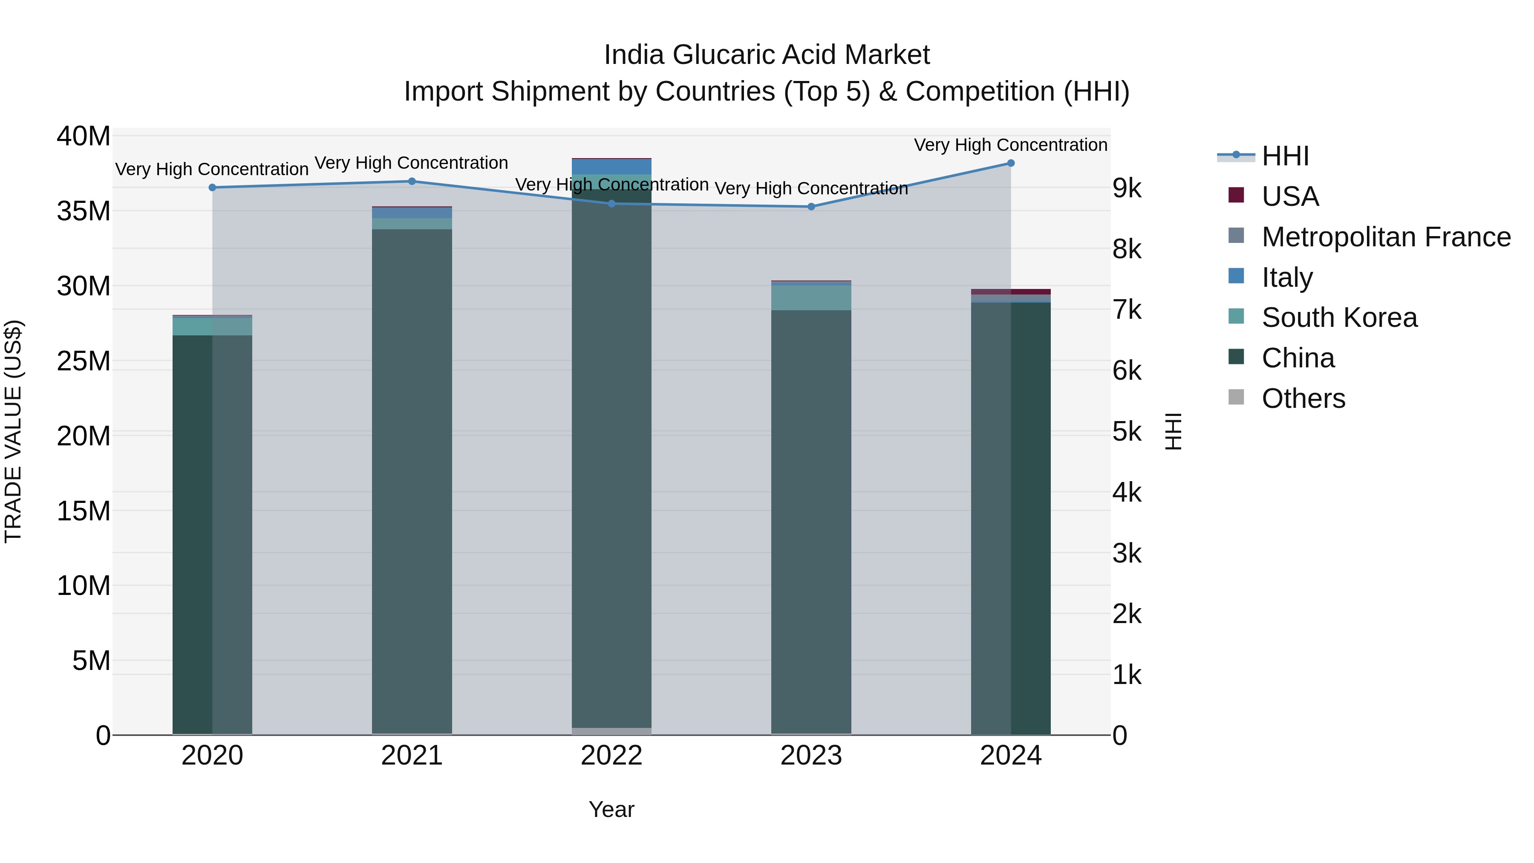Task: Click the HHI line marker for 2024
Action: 1011,163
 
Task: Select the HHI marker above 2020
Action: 213,188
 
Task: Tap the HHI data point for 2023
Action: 811,207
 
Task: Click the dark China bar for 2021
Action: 412,476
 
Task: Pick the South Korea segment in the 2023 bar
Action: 811,298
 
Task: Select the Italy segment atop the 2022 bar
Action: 611,166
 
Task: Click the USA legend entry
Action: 1289,196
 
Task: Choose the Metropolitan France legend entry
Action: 1385,237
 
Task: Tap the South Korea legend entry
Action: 1339,317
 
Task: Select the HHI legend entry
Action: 1284,156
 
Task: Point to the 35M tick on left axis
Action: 84,211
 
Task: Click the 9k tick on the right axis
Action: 1127,189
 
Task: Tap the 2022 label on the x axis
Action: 611,756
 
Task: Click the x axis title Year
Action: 611,809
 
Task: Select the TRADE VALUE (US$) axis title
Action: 13,431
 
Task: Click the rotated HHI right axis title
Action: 1173,431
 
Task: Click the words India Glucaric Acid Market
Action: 767,55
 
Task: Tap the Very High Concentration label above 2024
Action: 1011,145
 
